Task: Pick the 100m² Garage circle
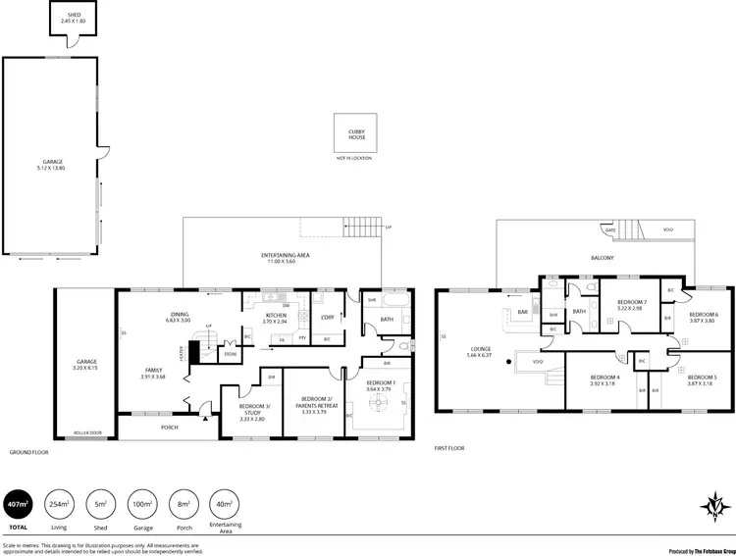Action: (x=143, y=505)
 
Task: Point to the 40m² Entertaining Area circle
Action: (x=225, y=505)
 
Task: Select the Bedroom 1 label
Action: (x=381, y=385)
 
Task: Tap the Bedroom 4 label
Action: (x=605, y=379)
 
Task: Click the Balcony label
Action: (x=602, y=258)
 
